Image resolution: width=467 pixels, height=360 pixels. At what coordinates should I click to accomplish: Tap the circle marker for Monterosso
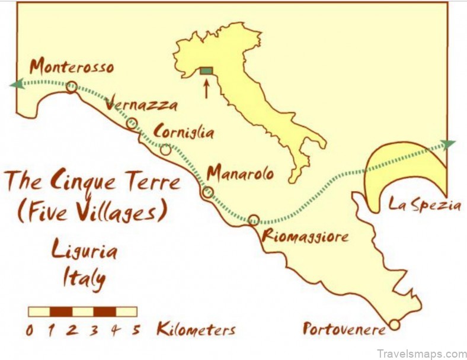click(x=71, y=88)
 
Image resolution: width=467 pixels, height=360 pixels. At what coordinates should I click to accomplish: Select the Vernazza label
click(x=140, y=105)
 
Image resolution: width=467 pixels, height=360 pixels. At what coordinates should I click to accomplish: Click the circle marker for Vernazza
click(x=132, y=124)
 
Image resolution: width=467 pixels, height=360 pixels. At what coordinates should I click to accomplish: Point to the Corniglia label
click(x=184, y=131)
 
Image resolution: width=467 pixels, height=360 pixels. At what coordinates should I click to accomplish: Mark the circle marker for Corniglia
click(x=166, y=149)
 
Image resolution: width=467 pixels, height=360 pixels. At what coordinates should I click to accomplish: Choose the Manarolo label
click(x=240, y=173)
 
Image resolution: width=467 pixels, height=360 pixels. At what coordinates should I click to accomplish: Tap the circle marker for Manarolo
click(x=207, y=192)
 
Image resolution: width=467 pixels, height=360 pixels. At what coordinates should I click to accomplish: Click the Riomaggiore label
click(x=305, y=237)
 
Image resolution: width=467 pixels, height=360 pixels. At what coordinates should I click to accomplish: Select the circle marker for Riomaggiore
click(x=254, y=220)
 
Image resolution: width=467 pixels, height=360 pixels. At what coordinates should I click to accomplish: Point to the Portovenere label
click(x=343, y=328)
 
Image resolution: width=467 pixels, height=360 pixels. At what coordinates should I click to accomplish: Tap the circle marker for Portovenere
click(x=394, y=324)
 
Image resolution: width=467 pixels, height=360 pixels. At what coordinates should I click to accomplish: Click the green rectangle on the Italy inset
click(x=206, y=71)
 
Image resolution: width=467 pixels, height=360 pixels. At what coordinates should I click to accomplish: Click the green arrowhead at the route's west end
click(x=16, y=84)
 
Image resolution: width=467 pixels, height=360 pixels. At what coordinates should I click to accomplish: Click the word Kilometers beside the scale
click(x=196, y=330)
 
